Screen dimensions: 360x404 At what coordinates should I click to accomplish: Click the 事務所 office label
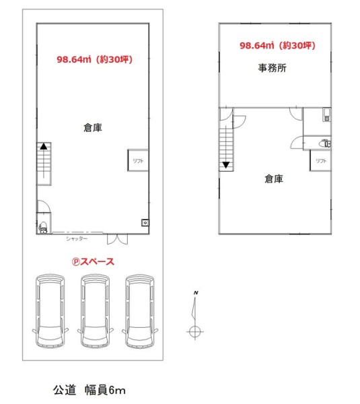click(273, 68)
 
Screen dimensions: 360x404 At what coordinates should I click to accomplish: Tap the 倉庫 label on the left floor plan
click(93, 127)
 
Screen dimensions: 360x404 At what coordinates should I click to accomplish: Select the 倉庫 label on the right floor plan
click(274, 178)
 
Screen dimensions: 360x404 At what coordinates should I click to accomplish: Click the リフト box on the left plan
click(138, 160)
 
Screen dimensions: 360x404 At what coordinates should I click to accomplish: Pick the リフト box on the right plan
click(320, 161)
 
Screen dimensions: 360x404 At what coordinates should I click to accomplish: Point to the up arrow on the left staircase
click(44, 146)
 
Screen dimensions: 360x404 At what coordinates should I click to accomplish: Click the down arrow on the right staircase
click(226, 165)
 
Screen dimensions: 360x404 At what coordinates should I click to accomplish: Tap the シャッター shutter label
click(77, 239)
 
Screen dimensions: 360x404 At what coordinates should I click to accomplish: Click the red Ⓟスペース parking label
click(93, 262)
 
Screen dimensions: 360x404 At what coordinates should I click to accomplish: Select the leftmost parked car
click(50, 311)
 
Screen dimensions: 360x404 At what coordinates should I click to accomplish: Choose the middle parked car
click(96, 311)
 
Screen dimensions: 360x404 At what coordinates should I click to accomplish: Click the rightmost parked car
click(140, 311)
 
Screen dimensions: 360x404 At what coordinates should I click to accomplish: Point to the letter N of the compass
click(196, 293)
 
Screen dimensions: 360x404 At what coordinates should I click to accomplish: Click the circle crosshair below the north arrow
click(194, 331)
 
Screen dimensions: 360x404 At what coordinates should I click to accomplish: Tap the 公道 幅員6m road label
click(89, 390)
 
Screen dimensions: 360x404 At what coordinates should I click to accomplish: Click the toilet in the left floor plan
click(43, 228)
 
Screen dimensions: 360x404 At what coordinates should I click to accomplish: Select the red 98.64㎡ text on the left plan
click(74, 59)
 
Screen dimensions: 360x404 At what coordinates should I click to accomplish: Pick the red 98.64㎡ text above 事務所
click(257, 45)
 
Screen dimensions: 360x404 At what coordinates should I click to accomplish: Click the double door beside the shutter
click(118, 239)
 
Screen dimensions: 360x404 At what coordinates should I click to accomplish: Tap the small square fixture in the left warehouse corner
click(145, 223)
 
